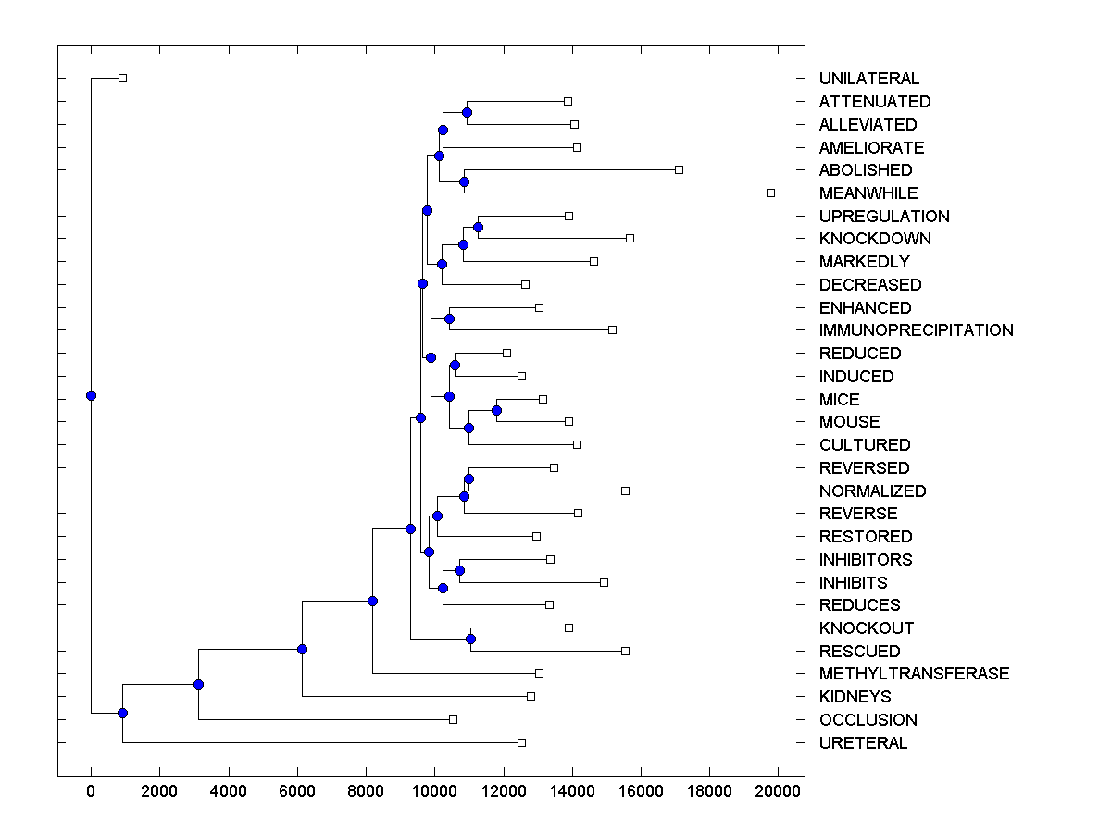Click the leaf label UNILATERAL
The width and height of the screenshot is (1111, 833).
tap(869, 79)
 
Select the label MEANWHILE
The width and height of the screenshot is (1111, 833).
tap(868, 193)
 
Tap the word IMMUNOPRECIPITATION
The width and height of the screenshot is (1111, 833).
tap(916, 330)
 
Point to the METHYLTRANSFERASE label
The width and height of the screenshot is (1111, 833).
tap(914, 674)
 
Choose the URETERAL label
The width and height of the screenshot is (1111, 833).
tap(863, 743)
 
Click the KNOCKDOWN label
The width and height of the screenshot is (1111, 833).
tap(875, 239)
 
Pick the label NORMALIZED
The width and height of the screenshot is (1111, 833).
tap(872, 491)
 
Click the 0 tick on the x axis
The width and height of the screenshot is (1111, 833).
tap(91, 792)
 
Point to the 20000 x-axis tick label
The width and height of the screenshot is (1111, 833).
tap(778, 792)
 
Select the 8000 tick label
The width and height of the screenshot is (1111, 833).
tap(366, 792)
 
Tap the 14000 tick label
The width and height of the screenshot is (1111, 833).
tap(572, 792)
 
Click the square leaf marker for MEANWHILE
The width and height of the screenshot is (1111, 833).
tap(770, 193)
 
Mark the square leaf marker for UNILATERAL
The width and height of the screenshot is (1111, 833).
tap(122, 78)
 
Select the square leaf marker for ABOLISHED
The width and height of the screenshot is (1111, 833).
tap(679, 169)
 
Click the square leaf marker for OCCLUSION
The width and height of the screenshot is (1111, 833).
tap(453, 719)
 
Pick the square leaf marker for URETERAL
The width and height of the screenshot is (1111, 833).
tap(521, 742)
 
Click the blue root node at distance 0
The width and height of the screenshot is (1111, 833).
tap(91, 395)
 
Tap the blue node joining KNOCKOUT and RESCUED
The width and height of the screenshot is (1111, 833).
tap(470, 639)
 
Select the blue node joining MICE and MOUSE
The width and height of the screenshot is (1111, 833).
tap(496, 410)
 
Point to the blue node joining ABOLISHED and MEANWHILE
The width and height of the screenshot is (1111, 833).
tap(464, 181)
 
